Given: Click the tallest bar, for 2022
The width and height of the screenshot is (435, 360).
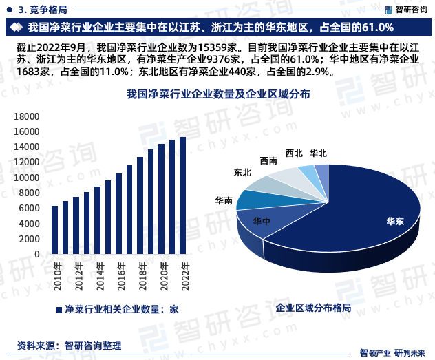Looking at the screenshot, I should point(182,195).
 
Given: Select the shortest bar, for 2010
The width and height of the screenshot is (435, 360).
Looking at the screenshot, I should point(54,230).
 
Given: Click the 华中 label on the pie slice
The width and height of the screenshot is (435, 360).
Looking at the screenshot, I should point(261,221).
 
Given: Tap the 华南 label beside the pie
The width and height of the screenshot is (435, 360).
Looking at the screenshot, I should point(224,200).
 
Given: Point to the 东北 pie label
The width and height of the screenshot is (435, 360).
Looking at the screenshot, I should point(242,173).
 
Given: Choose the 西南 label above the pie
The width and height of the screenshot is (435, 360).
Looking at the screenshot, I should point(269,160).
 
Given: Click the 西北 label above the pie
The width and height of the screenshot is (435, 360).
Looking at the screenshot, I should point(294,153).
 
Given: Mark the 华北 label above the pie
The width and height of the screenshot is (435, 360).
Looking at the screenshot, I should point(318,153).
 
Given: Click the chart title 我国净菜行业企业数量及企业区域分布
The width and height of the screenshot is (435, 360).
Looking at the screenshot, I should point(219,94).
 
